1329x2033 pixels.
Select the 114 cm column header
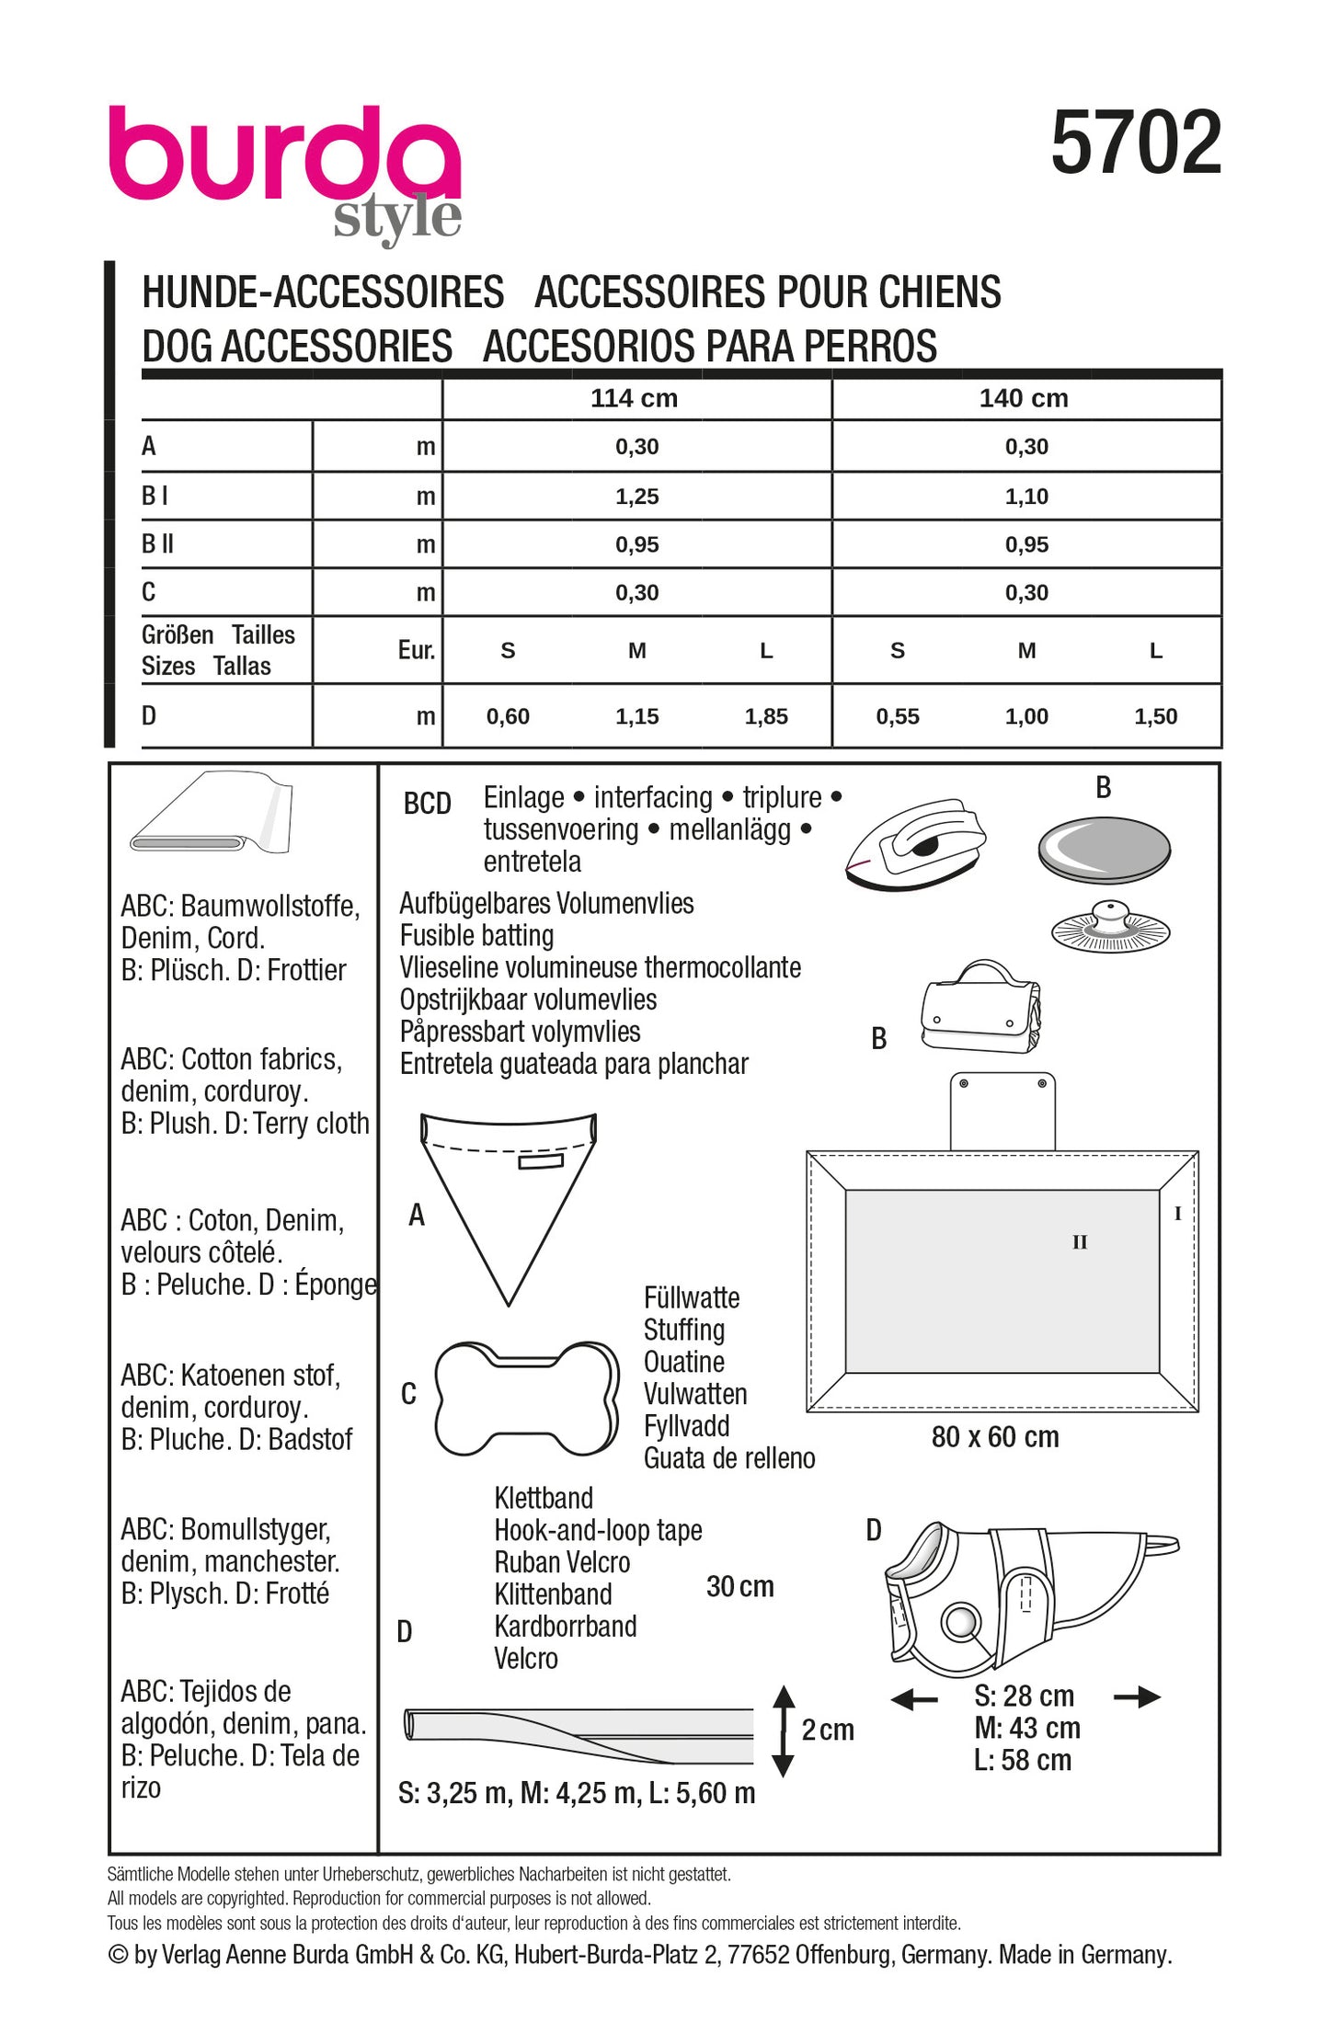[x=634, y=398]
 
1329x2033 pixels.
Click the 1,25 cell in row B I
[x=636, y=497]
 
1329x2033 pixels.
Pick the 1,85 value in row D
[x=766, y=716]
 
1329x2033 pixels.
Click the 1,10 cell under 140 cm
[x=1025, y=497]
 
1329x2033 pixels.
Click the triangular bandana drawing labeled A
[x=508, y=1195]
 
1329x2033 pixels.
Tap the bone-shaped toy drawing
[x=526, y=1399]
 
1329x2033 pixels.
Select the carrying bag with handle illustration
[x=980, y=1010]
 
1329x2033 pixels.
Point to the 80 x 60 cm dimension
[x=994, y=1437]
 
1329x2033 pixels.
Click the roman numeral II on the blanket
[x=1079, y=1242]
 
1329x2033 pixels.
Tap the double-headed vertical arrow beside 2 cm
[x=783, y=1730]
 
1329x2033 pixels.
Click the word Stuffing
[x=683, y=1330]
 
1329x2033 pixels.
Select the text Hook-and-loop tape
[x=598, y=1530]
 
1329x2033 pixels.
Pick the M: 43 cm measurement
[x=1026, y=1728]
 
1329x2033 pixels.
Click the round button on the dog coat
[x=961, y=1621]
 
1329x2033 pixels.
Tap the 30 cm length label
[x=739, y=1586]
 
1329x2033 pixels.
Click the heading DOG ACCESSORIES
[x=296, y=347]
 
